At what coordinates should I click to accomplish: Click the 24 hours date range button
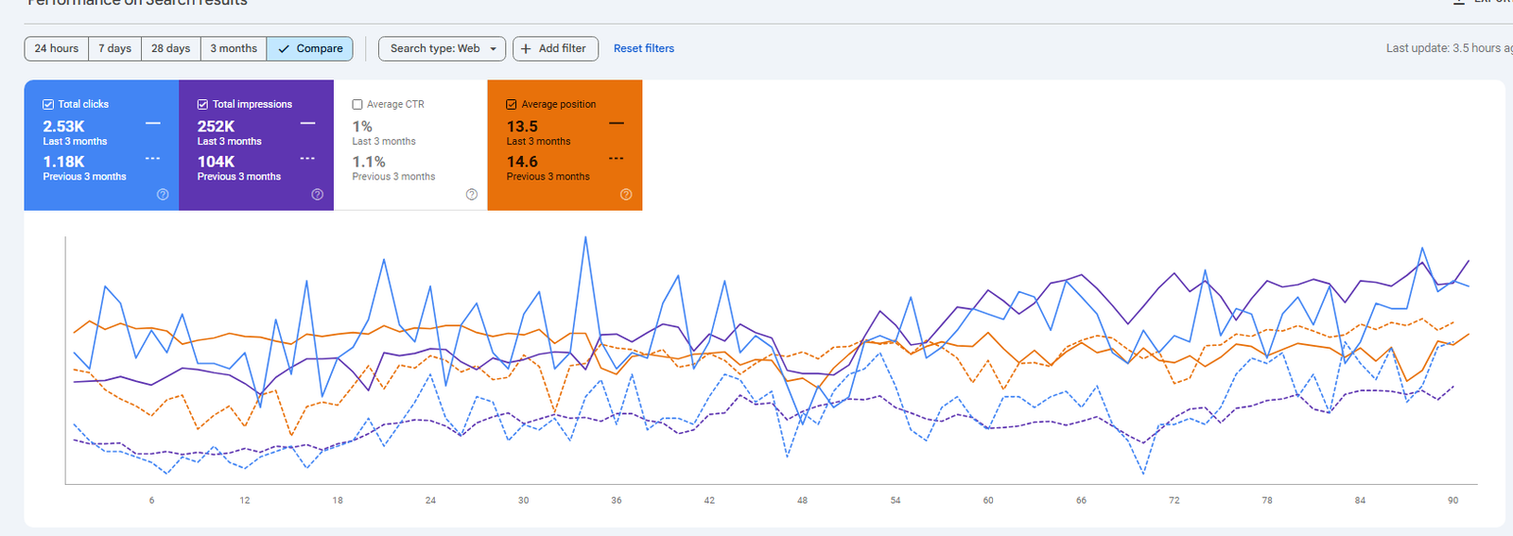pyautogui.click(x=57, y=48)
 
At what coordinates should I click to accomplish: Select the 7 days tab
pyautogui.click(x=115, y=48)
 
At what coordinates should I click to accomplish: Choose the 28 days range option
pyautogui.click(x=170, y=48)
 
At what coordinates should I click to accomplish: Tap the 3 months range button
pyautogui.click(x=234, y=48)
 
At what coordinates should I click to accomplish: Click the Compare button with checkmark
pyautogui.click(x=310, y=48)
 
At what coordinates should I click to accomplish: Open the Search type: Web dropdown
pyautogui.click(x=442, y=48)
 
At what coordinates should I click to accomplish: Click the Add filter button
pyautogui.click(x=555, y=48)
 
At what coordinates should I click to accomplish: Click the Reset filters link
pyautogui.click(x=644, y=48)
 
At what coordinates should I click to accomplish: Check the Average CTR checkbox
pyautogui.click(x=357, y=105)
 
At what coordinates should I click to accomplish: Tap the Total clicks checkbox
pyautogui.click(x=48, y=105)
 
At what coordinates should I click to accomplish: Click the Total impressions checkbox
pyautogui.click(x=202, y=105)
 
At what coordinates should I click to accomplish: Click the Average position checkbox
pyautogui.click(x=512, y=105)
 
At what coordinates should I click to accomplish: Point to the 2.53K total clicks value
pyautogui.click(x=63, y=127)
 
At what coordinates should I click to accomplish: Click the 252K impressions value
pyautogui.click(x=216, y=127)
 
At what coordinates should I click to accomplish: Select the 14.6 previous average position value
pyautogui.click(x=522, y=162)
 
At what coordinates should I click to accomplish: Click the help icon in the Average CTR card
pyautogui.click(x=472, y=195)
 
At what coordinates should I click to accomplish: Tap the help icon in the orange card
pyautogui.click(x=626, y=195)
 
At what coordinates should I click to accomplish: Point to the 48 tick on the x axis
pyautogui.click(x=802, y=500)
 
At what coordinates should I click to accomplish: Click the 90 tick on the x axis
pyautogui.click(x=1452, y=500)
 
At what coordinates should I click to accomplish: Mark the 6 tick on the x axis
pyautogui.click(x=151, y=500)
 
